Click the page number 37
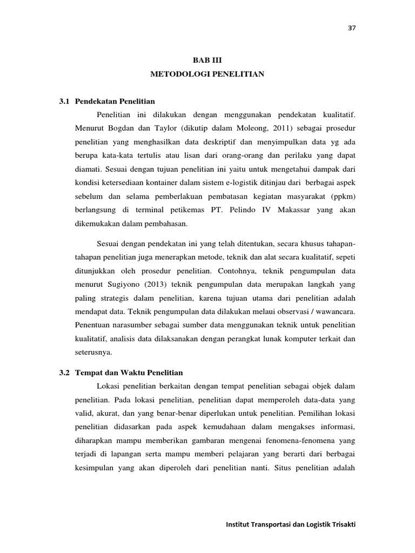(x=351, y=28)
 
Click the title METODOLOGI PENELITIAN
(x=207, y=74)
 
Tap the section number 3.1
(x=65, y=101)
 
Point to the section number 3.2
(x=65, y=373)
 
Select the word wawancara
(x=337, y=312)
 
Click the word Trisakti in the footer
(x=343, y=525)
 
